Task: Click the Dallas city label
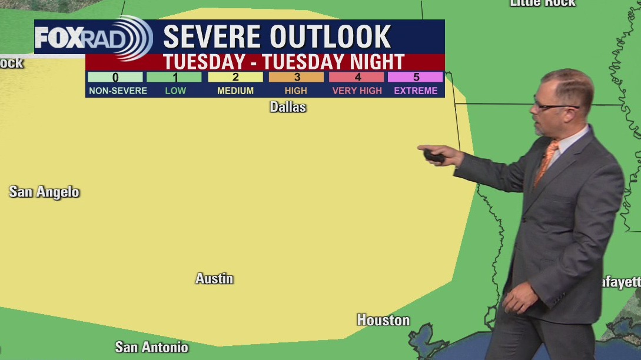point(288,107)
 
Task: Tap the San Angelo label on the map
point(44,192)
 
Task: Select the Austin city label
point(214,279)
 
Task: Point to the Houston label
point(383,320)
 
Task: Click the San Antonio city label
point(151,346)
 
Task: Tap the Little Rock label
point(542,3)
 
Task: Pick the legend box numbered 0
point(115,77)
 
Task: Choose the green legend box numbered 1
point(174,77)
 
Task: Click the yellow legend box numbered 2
point(235,77)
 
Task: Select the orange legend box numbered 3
point(296,77)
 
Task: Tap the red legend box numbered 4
point(357,77)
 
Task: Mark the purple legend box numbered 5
point(416,77)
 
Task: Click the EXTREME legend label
point(416,91)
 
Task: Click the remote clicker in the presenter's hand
point(434,156)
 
